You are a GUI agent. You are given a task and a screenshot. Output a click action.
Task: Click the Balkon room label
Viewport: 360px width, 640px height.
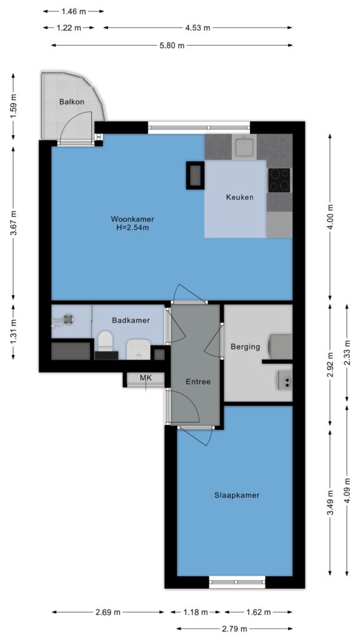click(x=72, y=102)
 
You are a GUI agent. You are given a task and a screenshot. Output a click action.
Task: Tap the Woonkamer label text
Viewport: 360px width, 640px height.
click(x=132, y=219)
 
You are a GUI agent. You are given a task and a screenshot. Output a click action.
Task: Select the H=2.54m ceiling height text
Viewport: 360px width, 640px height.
click(x=132, y=227)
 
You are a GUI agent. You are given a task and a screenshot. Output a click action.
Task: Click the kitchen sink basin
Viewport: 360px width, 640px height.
click(x=244, y=147)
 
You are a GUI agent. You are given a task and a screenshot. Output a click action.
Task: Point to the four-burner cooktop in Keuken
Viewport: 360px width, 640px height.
click(x=279, y=180)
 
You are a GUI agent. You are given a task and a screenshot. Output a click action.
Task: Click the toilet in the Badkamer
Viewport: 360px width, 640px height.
click(x=105, y=342)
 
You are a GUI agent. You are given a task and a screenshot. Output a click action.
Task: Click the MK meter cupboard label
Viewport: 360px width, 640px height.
click(x=146, y=378)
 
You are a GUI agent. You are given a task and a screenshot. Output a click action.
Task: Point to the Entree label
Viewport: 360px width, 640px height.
click(x=198, y=382)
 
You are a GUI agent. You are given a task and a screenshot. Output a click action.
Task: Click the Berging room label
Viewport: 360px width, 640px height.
click(x=245, y=347)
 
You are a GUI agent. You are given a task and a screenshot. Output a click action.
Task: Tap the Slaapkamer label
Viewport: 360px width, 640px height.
click(x=237, y=496)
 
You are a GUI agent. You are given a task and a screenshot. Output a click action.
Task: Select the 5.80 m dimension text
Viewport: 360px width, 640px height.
click(x=172, y=46)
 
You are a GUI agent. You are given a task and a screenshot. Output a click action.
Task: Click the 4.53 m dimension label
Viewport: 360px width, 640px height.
click(x=197, y=27)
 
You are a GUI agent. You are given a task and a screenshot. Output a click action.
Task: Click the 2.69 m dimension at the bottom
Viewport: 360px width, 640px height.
click(x=109, y=612)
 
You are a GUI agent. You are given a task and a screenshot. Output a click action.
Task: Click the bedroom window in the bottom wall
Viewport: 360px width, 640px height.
click(x=237, y=582)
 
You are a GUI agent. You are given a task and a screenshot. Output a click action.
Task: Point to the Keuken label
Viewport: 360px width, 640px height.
click(x=240, y=197)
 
